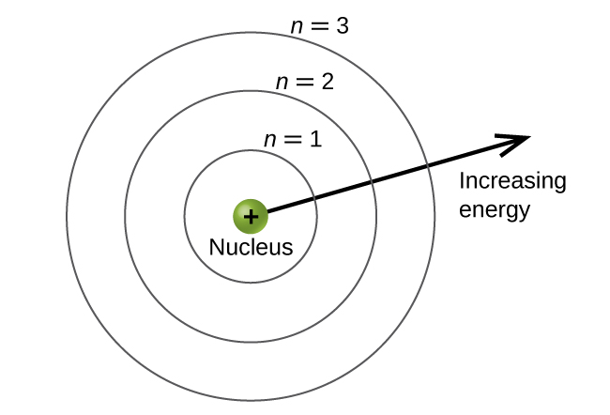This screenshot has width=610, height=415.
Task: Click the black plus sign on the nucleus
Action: [x=251, y=217]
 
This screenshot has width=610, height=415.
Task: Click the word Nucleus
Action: [x=251, y=249]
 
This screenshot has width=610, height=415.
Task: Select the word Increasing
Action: [x=512, y=181]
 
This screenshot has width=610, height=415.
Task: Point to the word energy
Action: [x=495, y=209]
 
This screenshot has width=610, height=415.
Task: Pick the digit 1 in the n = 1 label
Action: [x=315, y=141]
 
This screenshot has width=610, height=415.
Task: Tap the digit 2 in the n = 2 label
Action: [x=328, y=82]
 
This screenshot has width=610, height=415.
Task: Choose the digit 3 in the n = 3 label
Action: [x=343, y=26]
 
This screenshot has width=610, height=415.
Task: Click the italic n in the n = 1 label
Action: [x=270, y=142]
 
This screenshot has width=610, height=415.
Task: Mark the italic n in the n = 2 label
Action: [x=282, y=83]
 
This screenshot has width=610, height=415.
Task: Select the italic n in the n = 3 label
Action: [x=297, y=27]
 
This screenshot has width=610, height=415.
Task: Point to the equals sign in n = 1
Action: [x=293, y=142]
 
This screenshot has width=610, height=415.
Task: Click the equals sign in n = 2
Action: [x=304, y=83]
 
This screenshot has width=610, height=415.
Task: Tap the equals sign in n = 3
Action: [x=319, y=27]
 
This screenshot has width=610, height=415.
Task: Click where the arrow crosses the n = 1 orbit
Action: [x=314, y=198]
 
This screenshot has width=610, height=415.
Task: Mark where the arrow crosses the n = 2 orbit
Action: [x=373, y=181]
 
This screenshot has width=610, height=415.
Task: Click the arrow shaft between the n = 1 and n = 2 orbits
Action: [x=343, y=190]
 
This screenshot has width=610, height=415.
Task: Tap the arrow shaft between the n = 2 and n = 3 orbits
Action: [x=400, y=174]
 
